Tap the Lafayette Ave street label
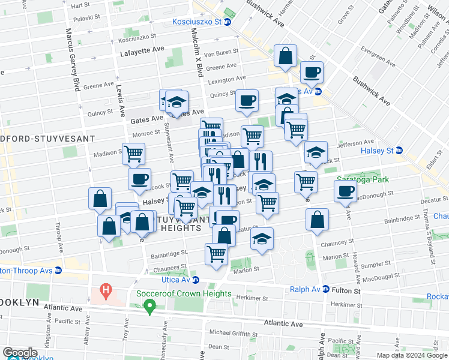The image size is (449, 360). click(142, 52)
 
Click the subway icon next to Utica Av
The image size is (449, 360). click(196, 280)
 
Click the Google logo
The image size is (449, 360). click(20, 352)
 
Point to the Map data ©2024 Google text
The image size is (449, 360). click(411, 355)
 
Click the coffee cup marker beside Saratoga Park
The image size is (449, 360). click(345, 191)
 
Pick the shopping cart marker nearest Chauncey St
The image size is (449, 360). click(216, 253)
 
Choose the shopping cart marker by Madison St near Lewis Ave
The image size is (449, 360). click(133, 154)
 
